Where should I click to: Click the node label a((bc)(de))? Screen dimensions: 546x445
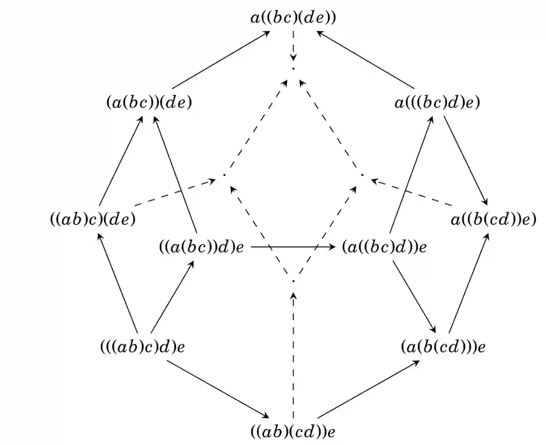293,18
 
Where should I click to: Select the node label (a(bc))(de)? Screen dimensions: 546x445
149,103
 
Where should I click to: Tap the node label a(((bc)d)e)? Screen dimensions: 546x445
437,103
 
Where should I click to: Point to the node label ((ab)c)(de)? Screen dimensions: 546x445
93,219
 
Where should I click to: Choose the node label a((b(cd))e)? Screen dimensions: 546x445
493,219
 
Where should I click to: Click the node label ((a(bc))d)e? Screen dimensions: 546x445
201,247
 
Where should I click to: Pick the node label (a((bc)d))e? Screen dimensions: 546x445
384,247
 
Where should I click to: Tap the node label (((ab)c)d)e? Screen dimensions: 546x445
142,346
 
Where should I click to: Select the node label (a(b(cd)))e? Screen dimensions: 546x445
443,346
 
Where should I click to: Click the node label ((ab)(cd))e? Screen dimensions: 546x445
293,431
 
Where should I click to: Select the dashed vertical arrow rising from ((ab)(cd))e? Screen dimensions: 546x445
293,356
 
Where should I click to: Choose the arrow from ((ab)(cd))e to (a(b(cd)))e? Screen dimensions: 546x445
369,389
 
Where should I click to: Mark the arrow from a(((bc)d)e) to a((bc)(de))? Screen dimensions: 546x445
364,59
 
